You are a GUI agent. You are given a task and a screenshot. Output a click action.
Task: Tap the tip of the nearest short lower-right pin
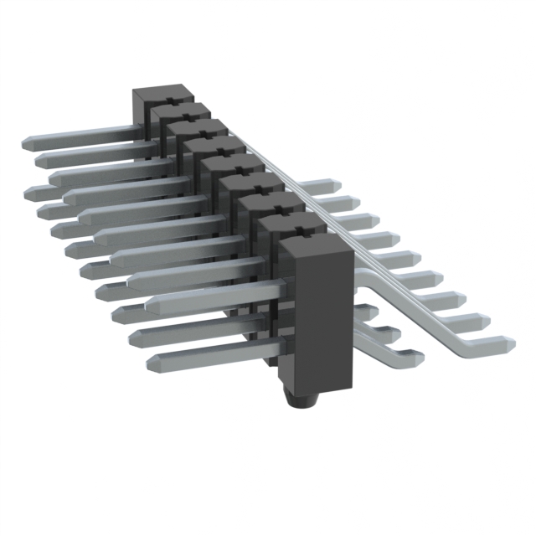(415, 358)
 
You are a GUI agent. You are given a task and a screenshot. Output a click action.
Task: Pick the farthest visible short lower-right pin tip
(369, 312)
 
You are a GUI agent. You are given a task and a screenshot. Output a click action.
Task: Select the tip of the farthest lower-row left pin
(33, 191)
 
